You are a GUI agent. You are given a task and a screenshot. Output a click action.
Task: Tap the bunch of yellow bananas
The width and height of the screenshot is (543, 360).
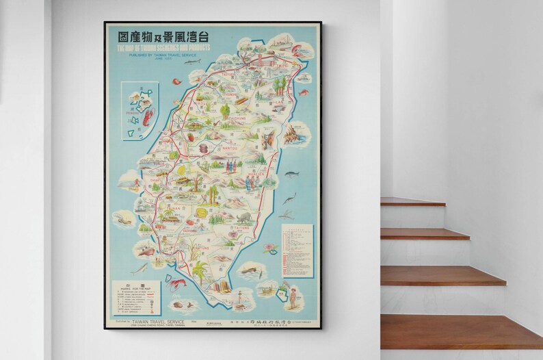point(201,212)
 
